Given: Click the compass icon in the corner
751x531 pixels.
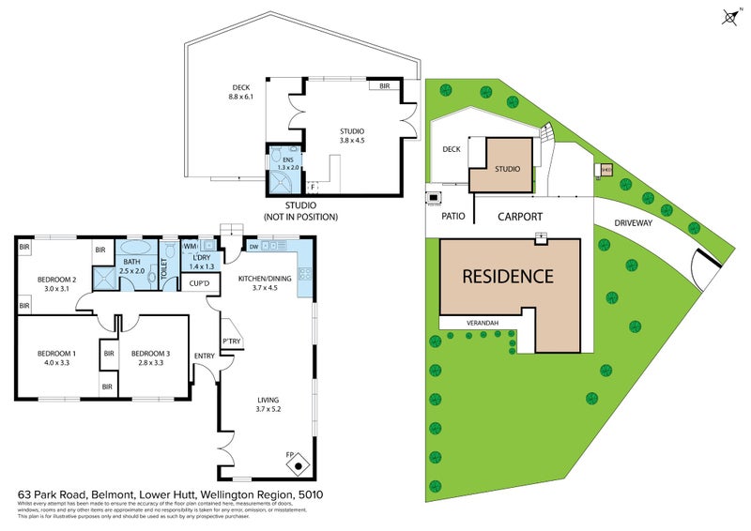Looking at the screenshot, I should tap(729, 16).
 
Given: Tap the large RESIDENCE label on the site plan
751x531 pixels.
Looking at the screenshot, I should tap(506, 277).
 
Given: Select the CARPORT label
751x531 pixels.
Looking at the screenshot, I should tap(519, 217).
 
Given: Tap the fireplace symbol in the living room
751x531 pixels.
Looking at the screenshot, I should tap(298, 463).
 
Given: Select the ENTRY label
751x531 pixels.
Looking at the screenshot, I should tap(204, 356).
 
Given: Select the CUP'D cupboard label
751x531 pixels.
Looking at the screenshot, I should tap(198, 282).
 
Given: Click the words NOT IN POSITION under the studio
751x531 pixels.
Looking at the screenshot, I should tap(299, 217).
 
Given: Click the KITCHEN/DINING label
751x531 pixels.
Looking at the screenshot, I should tap(266, 280).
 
